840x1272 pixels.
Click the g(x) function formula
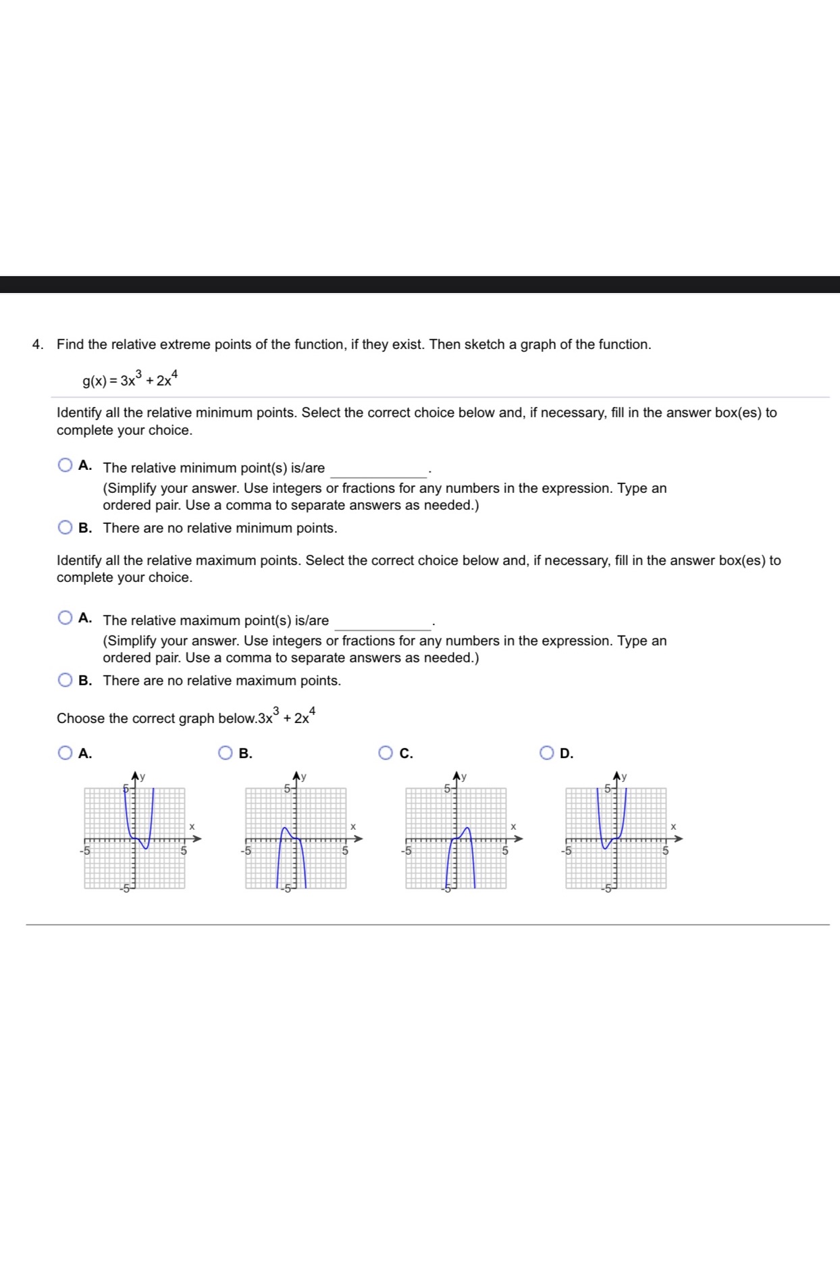pos(129,379)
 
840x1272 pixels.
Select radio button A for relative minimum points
pos(65,465)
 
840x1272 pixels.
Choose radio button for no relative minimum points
pos(65,527)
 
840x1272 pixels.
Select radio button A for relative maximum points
pos(65,618)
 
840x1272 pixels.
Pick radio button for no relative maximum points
pos(65,680)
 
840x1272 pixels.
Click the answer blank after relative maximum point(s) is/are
pos(382,622)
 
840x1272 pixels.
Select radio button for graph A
pos(65,753)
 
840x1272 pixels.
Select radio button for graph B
pos(226,753)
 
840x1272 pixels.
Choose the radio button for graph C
pos(386,753)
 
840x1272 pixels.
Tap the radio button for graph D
pos(546,753)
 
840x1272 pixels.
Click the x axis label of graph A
pos(192,826)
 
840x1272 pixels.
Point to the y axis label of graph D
pos(624,777)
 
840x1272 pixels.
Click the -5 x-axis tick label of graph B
pos(246,851)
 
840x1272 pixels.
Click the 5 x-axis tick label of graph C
pos(504,851)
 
